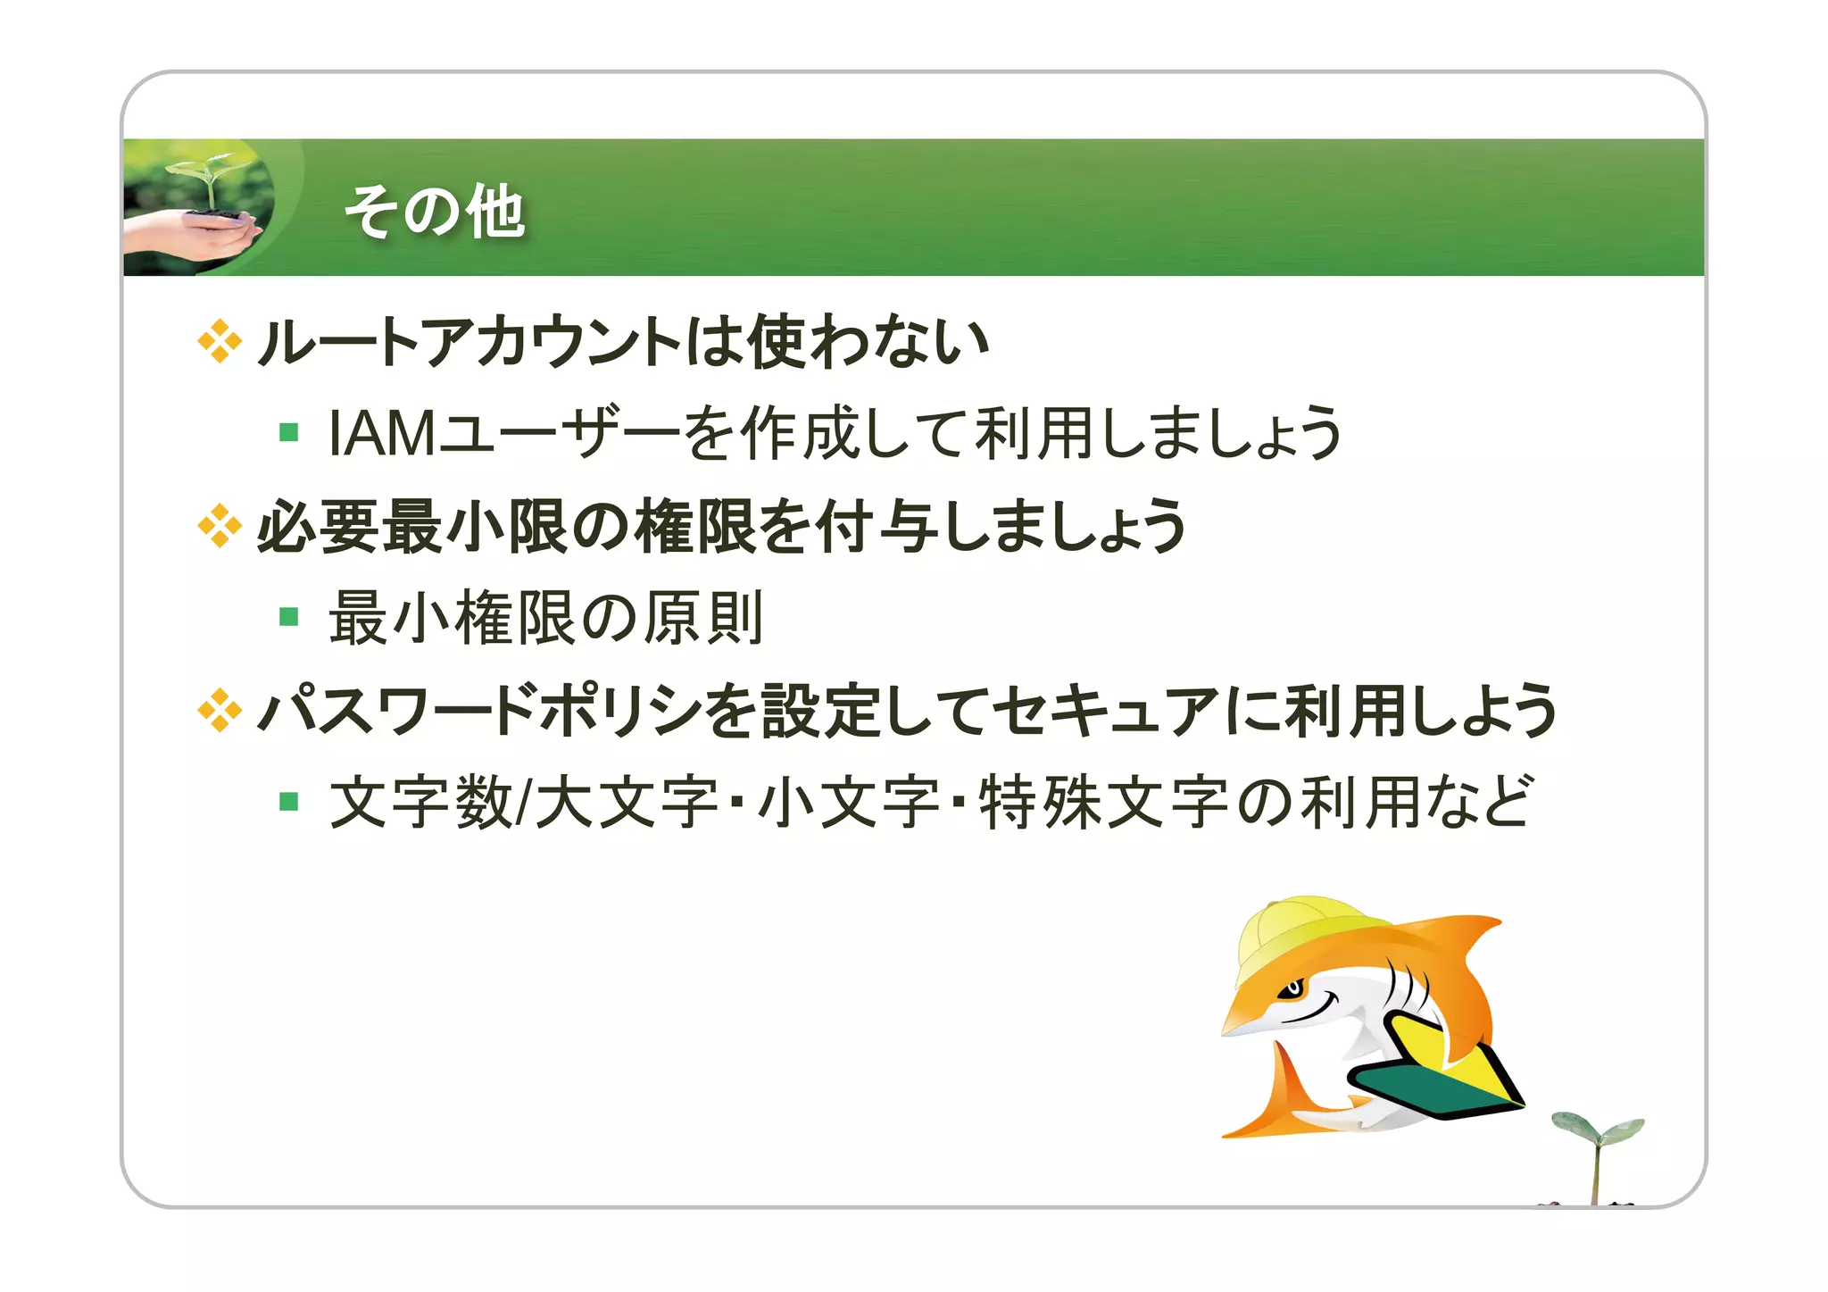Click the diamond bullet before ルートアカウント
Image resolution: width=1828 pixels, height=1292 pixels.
click(x=220, y=341)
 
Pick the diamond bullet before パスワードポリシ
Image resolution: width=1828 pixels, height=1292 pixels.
click(x=220, y=711)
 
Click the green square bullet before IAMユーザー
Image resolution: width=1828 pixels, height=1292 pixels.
click(x=288, y=433)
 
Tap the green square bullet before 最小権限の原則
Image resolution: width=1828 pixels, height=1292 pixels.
click(x=288, y=617)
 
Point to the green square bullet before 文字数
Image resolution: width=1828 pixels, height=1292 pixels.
click(x=288, y=801)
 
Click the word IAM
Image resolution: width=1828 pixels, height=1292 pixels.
click(x=382, y=433)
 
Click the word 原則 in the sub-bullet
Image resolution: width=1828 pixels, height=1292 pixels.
click(x=703, y=618)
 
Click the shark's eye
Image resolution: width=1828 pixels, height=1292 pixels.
click(x=1292, y=989)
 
